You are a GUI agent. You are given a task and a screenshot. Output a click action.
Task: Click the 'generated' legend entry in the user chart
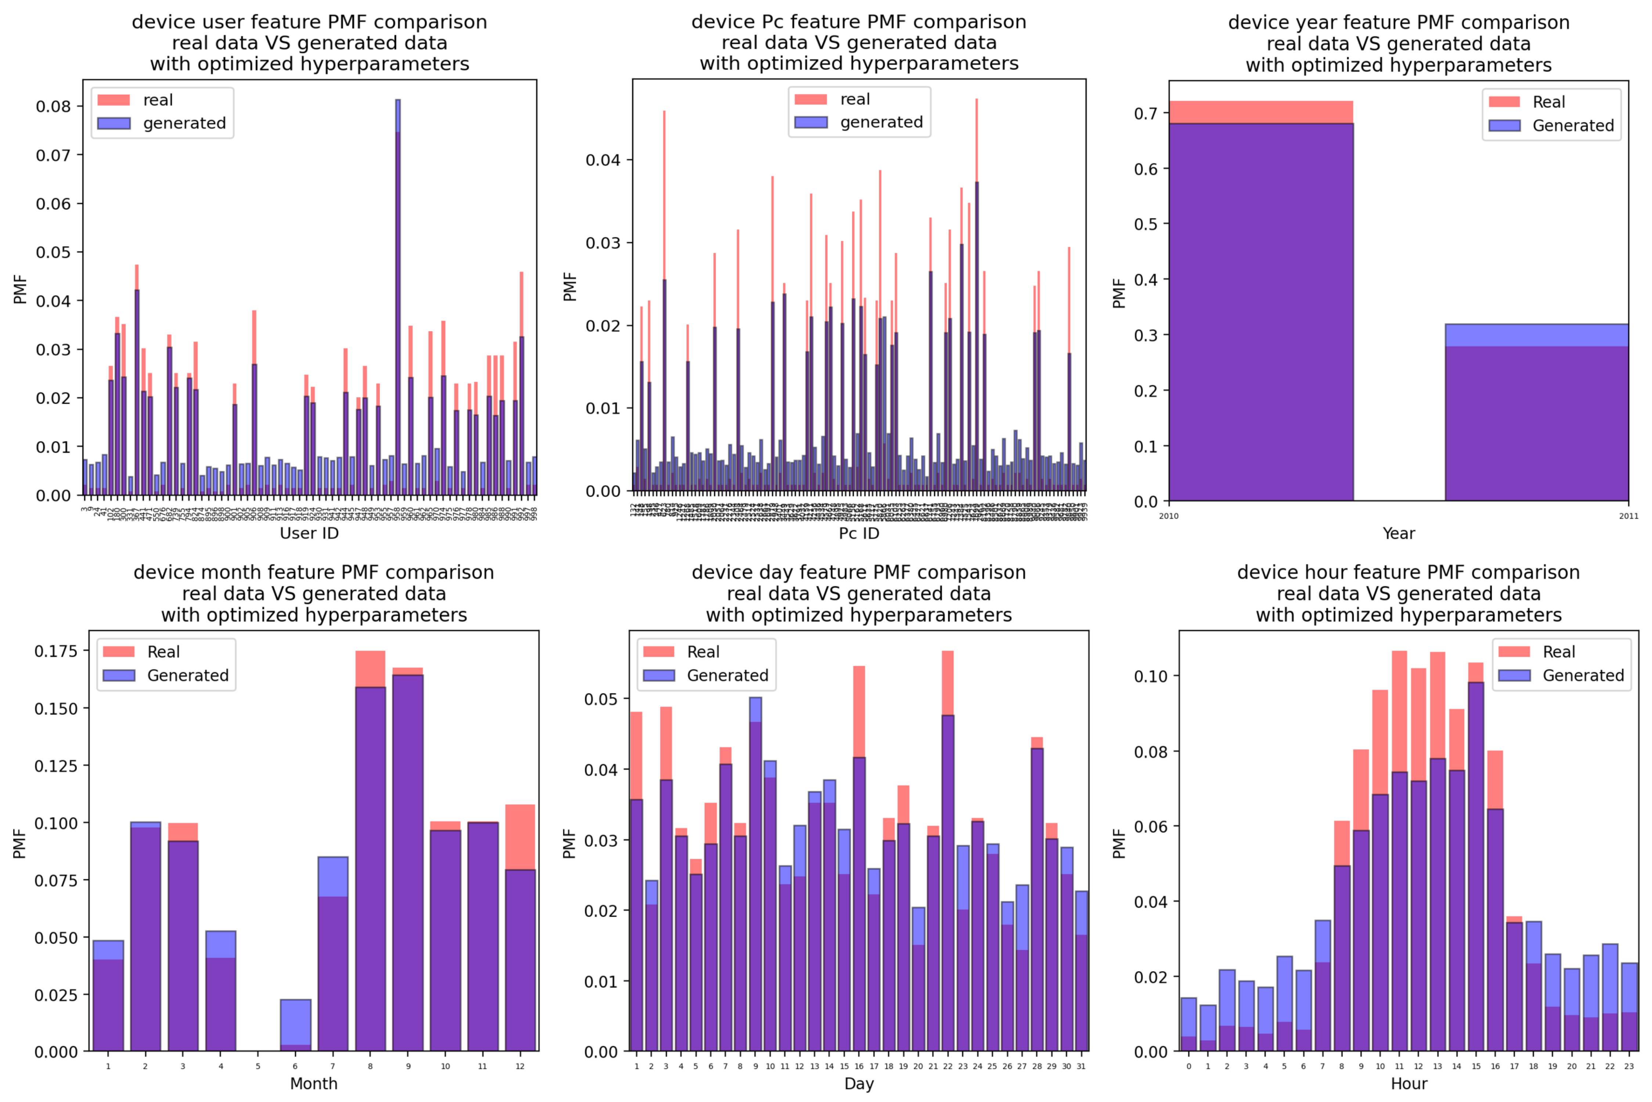pyautogui.click(x=184, y=124)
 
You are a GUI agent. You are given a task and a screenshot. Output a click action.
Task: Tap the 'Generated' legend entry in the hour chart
pyautogui.click(x=1583, y=675)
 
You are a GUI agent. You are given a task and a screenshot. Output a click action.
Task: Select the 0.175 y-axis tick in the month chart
pyautogui.click(x=56, y=651)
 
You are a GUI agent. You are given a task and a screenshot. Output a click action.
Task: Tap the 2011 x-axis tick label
pyautogui.click(x=1628, y=516)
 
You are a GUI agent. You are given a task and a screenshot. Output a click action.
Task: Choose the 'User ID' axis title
pyautogui.click(x=309, y=534)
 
